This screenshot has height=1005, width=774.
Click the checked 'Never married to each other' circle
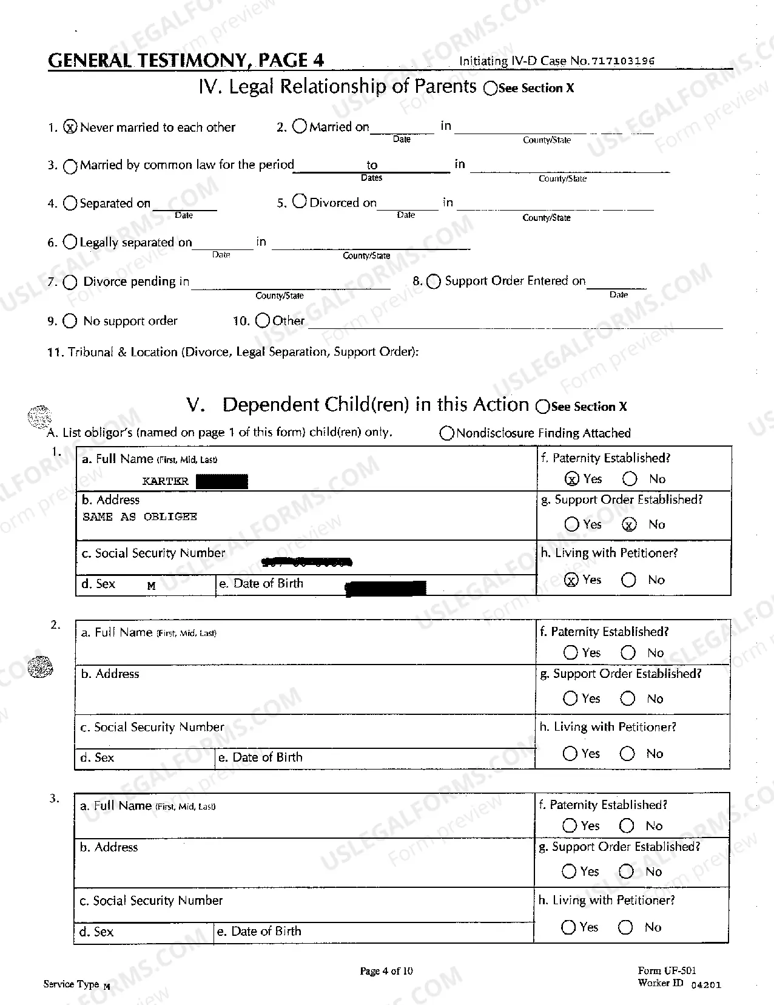(71, 127)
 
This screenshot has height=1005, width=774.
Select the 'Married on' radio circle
(300, 126)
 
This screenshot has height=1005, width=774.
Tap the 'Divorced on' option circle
(300, 201)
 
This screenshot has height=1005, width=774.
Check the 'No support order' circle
(70, 321)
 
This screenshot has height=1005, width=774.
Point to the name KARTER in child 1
(165, 481)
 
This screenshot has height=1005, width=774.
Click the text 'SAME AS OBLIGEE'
(140, 516)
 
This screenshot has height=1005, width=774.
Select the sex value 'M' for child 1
(152, 586)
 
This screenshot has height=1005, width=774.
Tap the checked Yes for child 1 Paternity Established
(571, 479)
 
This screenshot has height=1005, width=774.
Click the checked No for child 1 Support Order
(630, 524)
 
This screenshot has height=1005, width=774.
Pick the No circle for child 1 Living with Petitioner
(629, 580)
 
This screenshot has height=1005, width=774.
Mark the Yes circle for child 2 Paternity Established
(570, 652)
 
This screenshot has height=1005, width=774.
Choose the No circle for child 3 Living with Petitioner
(625, 927)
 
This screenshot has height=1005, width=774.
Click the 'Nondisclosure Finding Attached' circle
(447, 433)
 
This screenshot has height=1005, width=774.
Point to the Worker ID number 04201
(706, 985)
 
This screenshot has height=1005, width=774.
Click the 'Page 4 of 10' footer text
(386, 971)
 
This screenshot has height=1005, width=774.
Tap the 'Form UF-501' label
(667, 971)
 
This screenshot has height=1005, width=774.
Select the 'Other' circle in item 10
(263, 320)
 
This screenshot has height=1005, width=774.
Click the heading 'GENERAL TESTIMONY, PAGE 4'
(186, 60)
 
